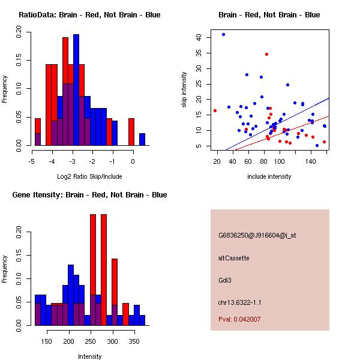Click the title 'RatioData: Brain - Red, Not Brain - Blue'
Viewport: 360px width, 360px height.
pos(89,15)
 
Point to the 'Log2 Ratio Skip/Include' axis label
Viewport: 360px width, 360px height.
pos(89,176)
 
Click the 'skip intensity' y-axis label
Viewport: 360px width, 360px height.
pos(185,90)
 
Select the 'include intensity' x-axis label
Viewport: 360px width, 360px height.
pos(269,176)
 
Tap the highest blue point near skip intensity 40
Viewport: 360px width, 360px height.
pos(223,35)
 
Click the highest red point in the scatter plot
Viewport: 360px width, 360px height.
pos(266,55)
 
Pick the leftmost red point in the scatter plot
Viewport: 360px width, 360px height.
pos(215,110)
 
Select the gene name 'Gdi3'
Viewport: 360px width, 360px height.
pos(225,280)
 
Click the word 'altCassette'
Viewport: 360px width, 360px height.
pos(233,258)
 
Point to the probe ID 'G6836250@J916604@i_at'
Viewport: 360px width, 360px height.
pos(257,235)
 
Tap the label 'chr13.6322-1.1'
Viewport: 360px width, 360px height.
pos(239,302)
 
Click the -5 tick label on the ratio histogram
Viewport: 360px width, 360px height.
pos(31,161)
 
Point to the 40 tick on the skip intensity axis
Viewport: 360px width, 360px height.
pos(199,37)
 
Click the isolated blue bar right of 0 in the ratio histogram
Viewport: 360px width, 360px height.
pos(142,139)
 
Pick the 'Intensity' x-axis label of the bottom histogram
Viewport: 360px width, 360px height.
pos(89,356)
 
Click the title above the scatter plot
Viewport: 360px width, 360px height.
pos(269,15)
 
